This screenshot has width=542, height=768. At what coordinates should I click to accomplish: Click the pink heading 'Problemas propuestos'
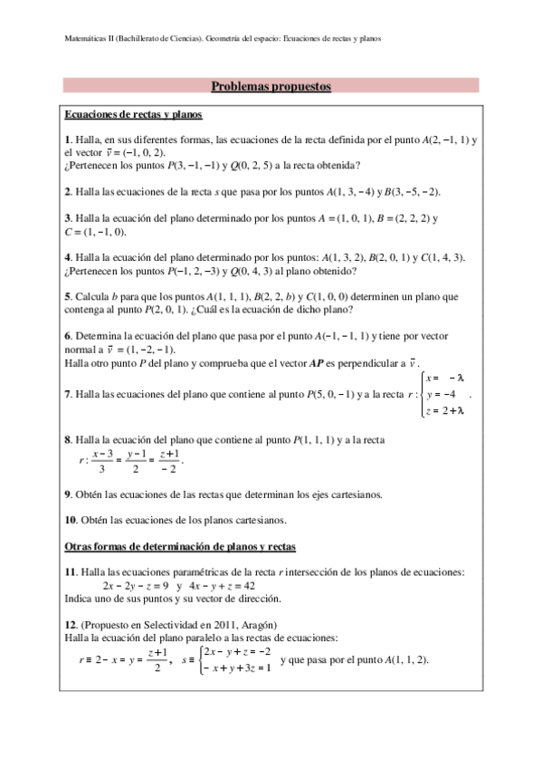[x=271, y=87]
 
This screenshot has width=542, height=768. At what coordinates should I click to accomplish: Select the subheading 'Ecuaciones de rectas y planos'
[x=133, y=116]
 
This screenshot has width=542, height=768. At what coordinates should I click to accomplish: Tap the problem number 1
[x=67, y=140]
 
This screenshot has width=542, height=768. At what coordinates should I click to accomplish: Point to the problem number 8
[x=67, y=441]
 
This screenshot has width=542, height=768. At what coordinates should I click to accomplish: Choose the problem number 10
[x=70, y=521]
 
